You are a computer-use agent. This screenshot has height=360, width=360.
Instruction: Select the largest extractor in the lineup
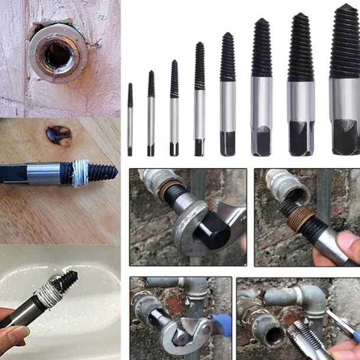(345, 83)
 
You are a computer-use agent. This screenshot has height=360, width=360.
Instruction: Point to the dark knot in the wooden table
(59, 135)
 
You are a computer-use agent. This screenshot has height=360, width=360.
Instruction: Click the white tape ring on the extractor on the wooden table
(80, 173)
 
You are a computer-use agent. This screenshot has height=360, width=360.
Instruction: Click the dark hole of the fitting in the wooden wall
(58, 55)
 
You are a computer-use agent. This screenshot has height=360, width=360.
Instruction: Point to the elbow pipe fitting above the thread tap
(310, 298)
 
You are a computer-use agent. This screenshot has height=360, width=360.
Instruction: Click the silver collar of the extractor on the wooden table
(44, 174)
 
